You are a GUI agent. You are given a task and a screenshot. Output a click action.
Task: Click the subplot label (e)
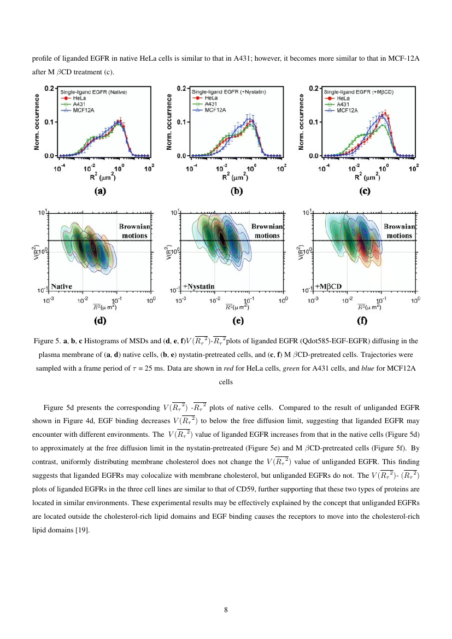pyautogui.click(x=238, y=321)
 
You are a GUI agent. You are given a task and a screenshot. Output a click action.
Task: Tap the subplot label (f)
pyautogui.click(x=362, y=321)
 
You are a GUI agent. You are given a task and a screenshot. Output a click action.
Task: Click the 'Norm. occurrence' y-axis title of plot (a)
pyautogui.click(x=37, y=121)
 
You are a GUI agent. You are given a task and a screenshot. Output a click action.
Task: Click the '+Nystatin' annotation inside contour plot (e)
pyautogui.click(x=198, y=286)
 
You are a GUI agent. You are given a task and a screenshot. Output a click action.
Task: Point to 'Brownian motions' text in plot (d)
pyautogui.click(x=133, y=231)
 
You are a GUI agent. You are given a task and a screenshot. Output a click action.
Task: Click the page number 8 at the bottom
pyautogui.click(x=226, y=610)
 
